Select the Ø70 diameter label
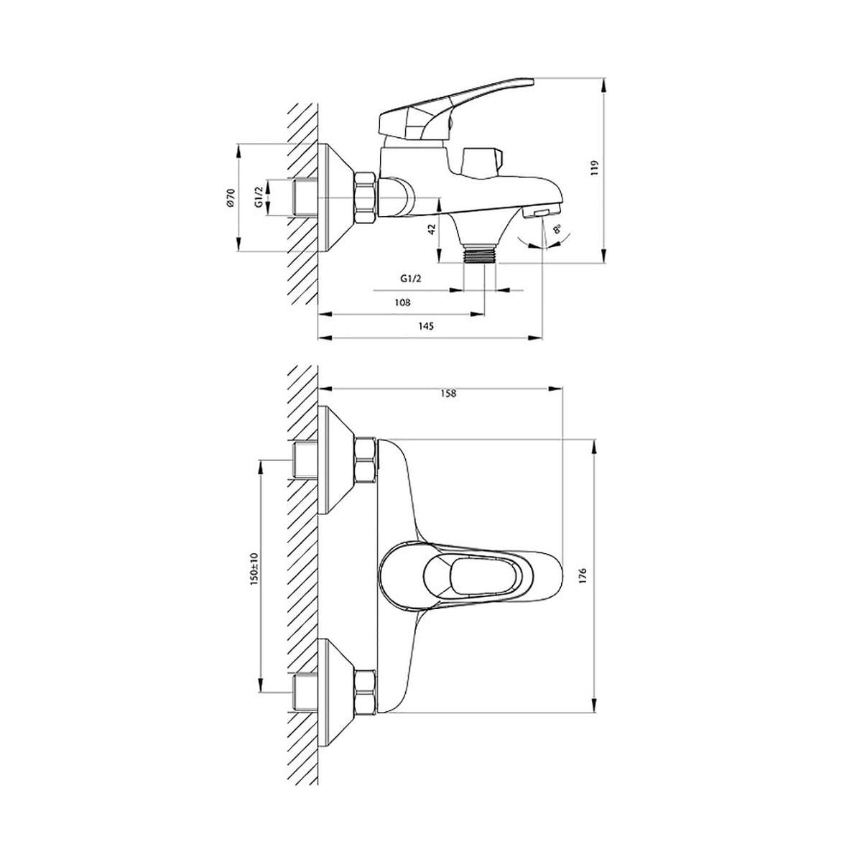tap(231, 198)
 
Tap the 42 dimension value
tap(432, 229)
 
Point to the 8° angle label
tap(557, 229)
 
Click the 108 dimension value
tap(402, 302)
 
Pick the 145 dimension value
tap(426, 326)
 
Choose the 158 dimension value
tap(448, 393)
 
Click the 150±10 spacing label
tap(254, 570)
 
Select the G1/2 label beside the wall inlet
tap(259, 197)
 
